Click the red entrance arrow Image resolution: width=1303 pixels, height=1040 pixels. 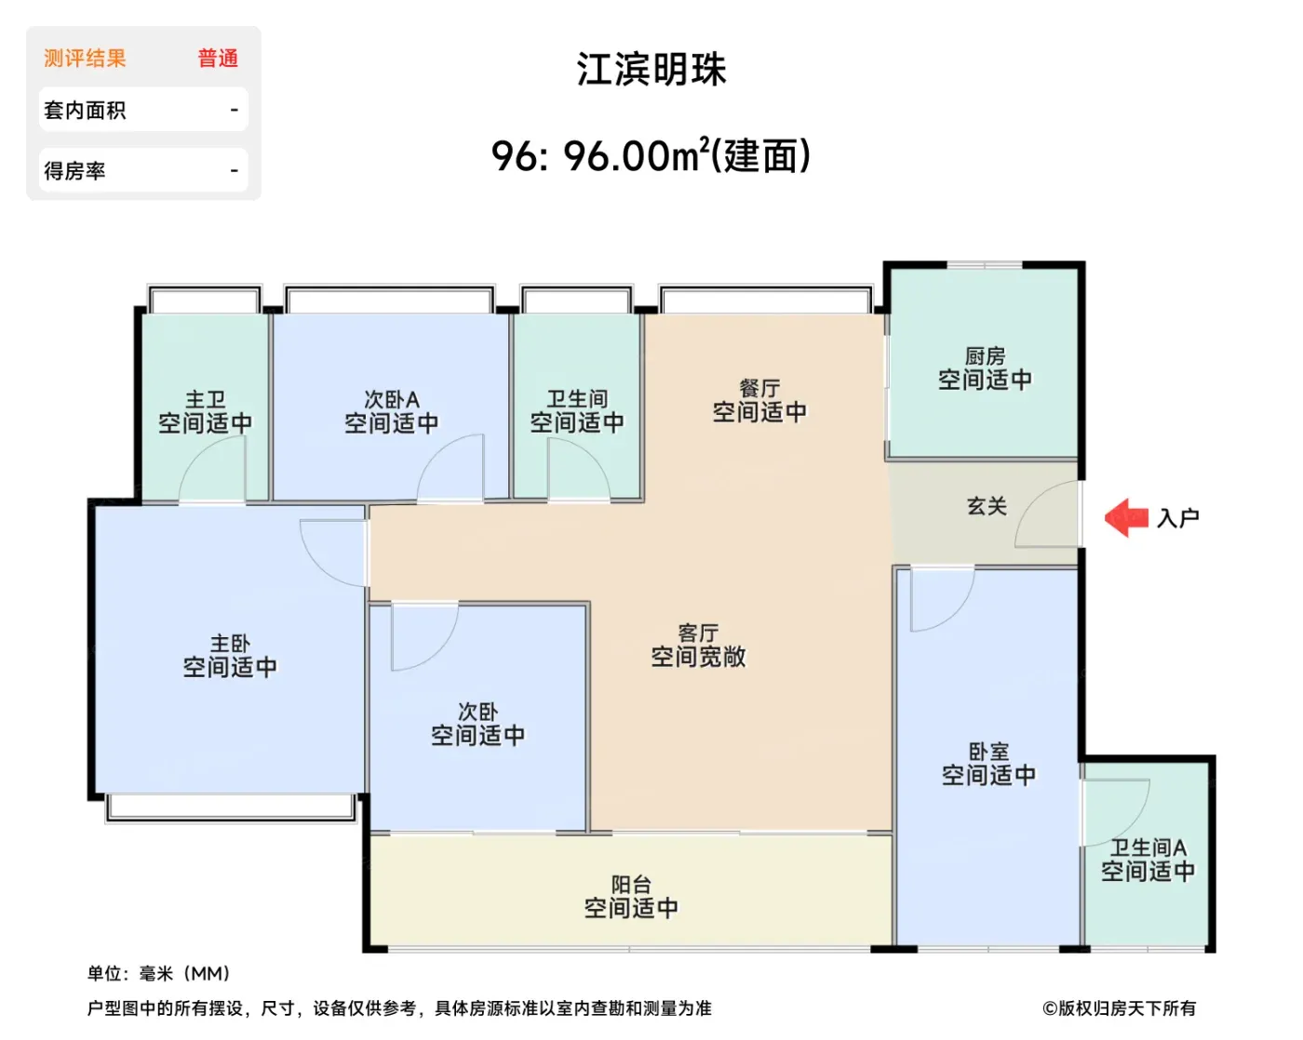coord(1125,517)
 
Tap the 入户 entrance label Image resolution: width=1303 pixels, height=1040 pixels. coord(1177,518)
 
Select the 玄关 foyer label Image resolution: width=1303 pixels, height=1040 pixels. coord(987,506)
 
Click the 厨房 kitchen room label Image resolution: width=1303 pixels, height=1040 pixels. coord(985,356)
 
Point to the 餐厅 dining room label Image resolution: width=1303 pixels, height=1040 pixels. coord(759,388)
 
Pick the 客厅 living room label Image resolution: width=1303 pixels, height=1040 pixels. coord(699,633)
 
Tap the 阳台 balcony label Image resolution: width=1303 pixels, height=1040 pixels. coord(631,885)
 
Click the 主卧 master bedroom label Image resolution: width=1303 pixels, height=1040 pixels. coord(230,644)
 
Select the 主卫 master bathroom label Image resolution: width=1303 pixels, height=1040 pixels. coord(206,399)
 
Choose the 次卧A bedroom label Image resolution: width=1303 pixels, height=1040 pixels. coord(392,399)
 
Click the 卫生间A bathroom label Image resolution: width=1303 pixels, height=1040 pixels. coord(1148,847)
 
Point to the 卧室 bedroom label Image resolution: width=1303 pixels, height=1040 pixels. coord(988,752)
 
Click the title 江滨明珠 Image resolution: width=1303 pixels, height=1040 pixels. coord(651,69)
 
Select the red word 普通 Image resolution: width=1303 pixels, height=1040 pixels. coord(218,58)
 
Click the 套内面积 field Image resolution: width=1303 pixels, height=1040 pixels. coord(143,110)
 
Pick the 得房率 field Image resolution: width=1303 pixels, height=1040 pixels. coord(143,170)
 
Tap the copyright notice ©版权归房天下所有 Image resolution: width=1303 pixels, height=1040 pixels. coord(1119,1008)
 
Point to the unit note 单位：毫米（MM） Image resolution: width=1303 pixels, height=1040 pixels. coord(158,973)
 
